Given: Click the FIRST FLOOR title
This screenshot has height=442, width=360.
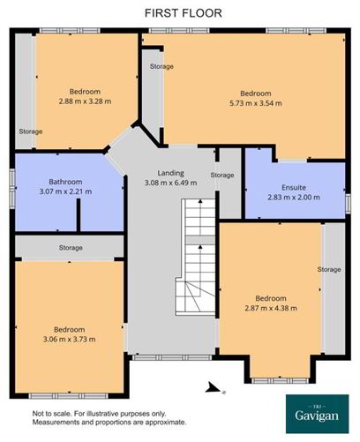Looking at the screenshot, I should [x=183, y=12].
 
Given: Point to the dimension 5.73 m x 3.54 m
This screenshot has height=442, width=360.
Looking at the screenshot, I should [x=256, y=102].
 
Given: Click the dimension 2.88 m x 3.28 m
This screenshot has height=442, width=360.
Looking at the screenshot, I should [x=86, y=101].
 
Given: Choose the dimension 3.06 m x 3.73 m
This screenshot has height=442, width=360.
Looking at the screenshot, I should [x=68, y=338].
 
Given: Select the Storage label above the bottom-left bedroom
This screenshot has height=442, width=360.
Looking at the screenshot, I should [x=71, y=247].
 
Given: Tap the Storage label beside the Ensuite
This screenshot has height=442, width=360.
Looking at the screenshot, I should [x=222, y=175].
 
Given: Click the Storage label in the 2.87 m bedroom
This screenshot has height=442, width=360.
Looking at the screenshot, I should [x=329, y=269].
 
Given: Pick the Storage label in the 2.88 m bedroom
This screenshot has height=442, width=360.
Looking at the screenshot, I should [x=30, y=132].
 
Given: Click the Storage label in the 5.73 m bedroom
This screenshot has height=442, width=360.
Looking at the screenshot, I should [x=161, y=67].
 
